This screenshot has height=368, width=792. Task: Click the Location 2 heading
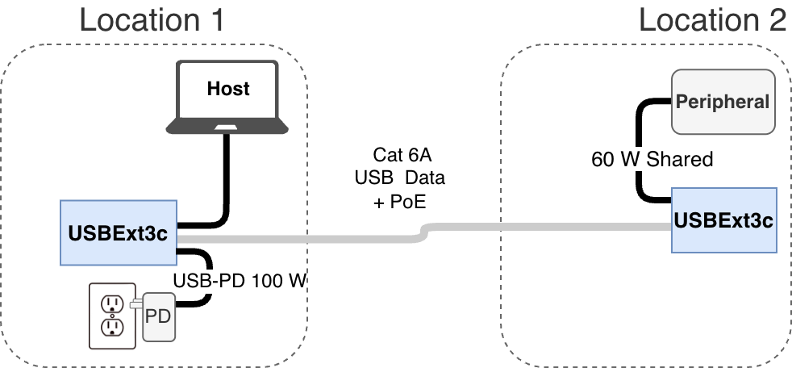[x=712, y=19]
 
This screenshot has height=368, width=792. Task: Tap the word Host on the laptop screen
[x=228, y=88]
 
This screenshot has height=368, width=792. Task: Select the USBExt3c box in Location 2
[x=724, y=220]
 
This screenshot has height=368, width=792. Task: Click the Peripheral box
[x=723, y=102]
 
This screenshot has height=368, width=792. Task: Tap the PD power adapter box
[x=158, y=315]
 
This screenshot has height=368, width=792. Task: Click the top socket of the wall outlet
[x=111, y=303]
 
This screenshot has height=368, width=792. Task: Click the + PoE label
[x=398, y=202]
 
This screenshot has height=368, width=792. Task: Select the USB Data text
[x=398, y=178]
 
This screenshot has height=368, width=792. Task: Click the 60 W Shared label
[x=652, y=160]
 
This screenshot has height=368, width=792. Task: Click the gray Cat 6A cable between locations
[x=323, y=239]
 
